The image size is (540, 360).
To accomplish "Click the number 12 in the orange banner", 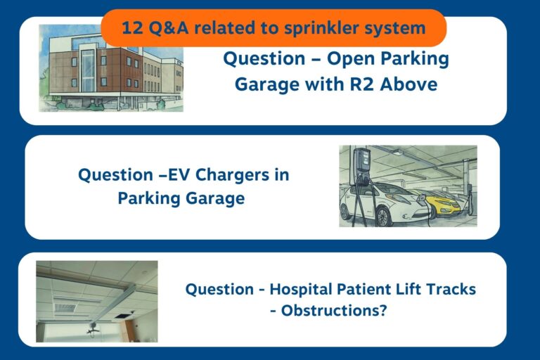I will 131,28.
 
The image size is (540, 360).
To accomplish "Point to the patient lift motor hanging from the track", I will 92,329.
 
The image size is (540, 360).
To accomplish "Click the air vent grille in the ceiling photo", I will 65,307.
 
